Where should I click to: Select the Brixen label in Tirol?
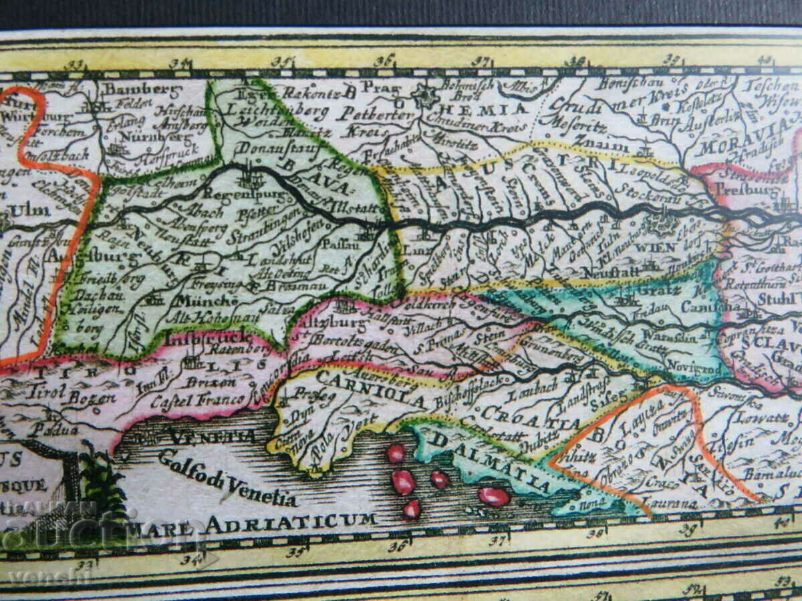pos(215,382)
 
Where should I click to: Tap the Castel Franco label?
pos(198,401)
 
